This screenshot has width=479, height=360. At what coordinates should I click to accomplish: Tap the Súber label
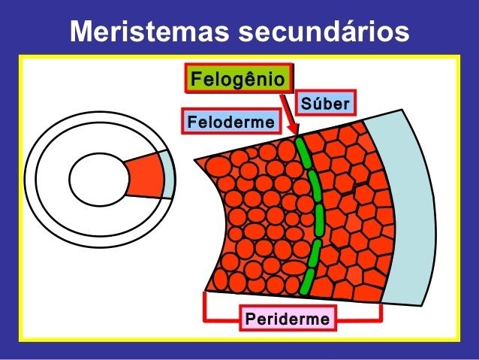coord(324,103)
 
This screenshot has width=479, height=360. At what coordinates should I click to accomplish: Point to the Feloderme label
coord(230,121)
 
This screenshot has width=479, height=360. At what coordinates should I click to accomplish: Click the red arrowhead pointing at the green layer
coord(295,132)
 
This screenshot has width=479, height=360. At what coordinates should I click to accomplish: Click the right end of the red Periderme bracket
coord(381,308)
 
